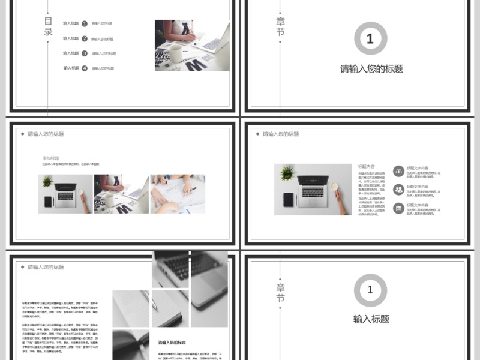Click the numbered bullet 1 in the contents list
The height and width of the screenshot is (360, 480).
[x=85, y=23]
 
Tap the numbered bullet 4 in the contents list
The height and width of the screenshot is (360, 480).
[x=85, y=68]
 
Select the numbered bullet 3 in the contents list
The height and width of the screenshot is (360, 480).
[x=85, y=53]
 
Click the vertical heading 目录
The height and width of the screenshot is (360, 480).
[x=49, y=27]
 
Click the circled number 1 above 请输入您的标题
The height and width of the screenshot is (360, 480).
[x=370, y=39]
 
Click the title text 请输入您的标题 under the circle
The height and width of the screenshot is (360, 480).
[x=371, y=69]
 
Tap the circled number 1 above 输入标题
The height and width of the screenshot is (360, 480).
[x=370, y=290]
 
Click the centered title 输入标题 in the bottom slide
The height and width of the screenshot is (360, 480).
[x=371, y=319]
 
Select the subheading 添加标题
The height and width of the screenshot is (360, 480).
[x=50, y=158]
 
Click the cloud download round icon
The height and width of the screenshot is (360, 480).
[x=398, y=172]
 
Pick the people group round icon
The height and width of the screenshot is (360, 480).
[x=398, y=190]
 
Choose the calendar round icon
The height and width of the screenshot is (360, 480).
[x=398, y=208]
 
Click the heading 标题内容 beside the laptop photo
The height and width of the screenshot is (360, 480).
[x=367, y=167]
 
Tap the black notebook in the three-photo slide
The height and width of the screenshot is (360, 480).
[x=48, y=201]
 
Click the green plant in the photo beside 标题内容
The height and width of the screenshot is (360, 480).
[x=287, y=173]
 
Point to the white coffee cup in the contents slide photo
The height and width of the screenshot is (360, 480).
[x=175, y=50]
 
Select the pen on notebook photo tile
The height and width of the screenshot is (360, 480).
[x=131, y=308]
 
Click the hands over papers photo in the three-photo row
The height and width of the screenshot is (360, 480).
[x=177, y=194]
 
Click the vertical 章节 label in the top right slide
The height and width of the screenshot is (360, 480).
[x=280, y=27]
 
